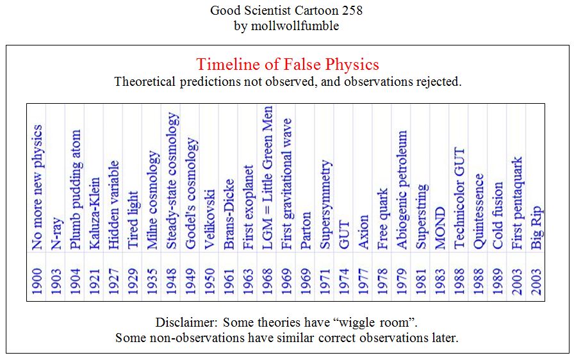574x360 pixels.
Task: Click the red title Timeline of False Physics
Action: [x=287, y=65]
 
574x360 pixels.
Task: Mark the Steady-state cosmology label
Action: [x=172, y=181]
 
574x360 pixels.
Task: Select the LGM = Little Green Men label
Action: [x=268, y=177]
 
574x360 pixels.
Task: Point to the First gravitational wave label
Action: [x=287, y=184]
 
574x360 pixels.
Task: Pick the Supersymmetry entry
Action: [x=325, y=204]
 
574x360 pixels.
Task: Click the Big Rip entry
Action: [x=537, y=227]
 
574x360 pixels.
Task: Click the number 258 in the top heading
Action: [x=352, y=11]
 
